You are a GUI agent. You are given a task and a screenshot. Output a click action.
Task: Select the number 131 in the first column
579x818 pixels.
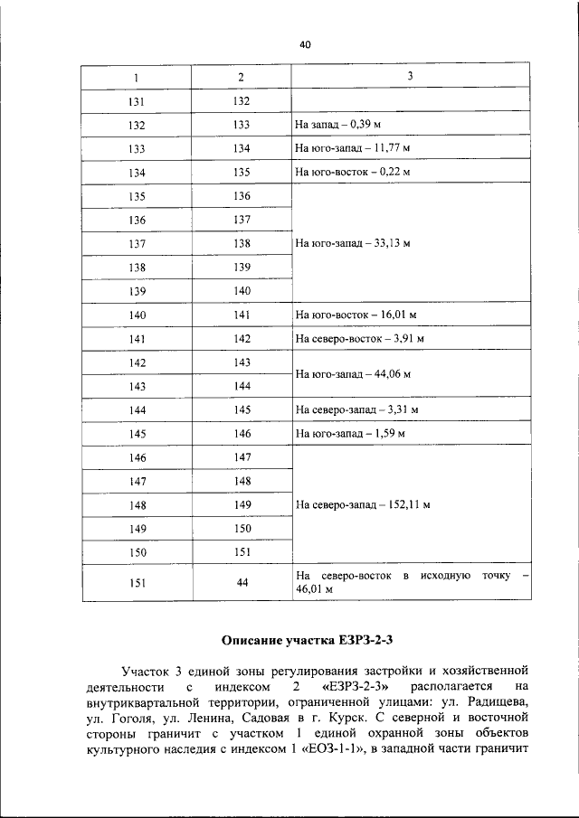click(x=138, y=101)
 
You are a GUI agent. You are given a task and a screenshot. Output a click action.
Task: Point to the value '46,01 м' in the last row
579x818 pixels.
click(x=315, y=589)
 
